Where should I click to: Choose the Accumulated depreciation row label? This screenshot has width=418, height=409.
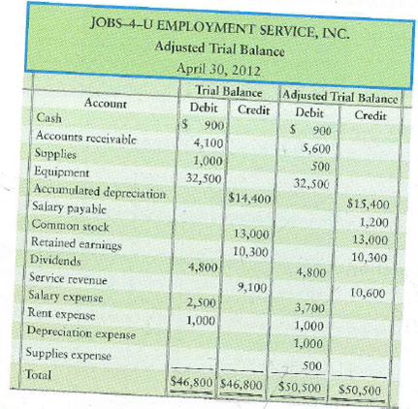point(97,189)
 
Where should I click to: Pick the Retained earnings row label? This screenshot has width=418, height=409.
point(76,241)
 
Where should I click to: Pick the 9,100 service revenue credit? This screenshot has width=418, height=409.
point(252,287)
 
